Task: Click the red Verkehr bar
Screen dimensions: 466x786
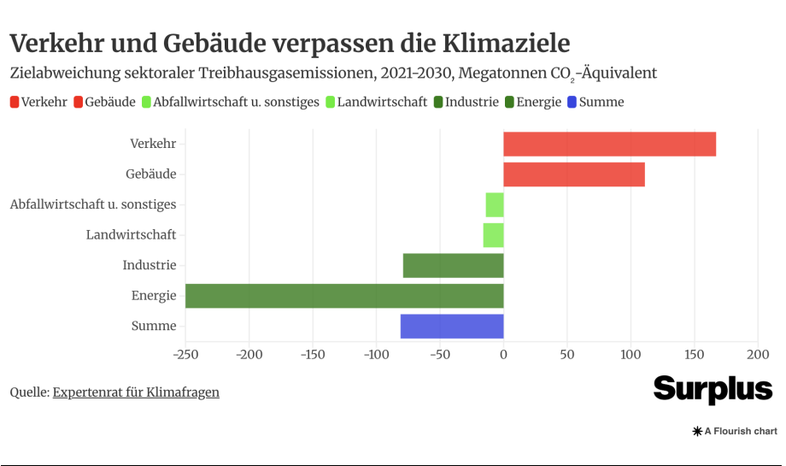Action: [609, 145]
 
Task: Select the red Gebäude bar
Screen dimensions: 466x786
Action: [574, 174]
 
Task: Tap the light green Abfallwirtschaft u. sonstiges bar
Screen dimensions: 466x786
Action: [495, 205]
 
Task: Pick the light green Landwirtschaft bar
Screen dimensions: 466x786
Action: [493, 235]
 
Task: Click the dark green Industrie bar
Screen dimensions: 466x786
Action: [453, 266]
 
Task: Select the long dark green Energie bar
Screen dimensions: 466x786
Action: [344, 296]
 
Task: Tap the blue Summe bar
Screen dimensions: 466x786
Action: [452, 327]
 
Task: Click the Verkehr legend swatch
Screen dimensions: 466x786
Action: [15, 103]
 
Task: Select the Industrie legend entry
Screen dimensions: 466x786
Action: [466, 103]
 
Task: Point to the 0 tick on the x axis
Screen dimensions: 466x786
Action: [503, 354]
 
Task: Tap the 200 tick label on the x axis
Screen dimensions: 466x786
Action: [758, 354]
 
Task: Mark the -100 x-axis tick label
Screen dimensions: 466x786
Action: [376, 354]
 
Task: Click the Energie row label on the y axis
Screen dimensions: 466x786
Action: [154, 296]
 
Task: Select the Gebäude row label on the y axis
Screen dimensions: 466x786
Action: [150, 174]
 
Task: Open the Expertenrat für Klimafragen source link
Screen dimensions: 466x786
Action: [136, 392]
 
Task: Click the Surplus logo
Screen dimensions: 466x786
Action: [713, 389]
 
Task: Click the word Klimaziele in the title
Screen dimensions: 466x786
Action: [506, 42]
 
